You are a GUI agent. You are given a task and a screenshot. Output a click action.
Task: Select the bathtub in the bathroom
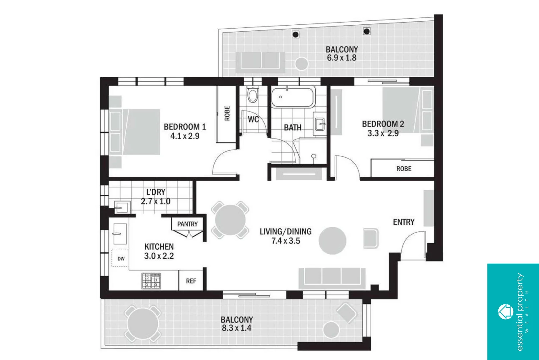(293, 97)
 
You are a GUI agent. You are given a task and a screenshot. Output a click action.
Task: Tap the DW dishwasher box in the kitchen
(120, 258)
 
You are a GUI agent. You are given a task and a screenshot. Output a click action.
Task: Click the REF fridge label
(191, 281)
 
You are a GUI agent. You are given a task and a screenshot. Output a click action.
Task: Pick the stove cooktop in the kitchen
(151, 281)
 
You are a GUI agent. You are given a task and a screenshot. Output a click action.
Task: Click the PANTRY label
(187, 224)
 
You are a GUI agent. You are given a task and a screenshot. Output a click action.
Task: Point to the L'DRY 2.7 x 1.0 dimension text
(155, 201)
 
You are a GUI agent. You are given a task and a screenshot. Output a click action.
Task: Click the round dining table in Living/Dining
(230, 220)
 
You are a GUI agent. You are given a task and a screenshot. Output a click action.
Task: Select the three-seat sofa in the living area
(332, 278)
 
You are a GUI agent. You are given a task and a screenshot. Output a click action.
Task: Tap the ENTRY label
(403, 222)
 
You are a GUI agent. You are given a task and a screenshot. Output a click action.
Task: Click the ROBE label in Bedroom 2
(404, 169)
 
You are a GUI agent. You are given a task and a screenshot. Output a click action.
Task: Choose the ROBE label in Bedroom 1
(227, 114)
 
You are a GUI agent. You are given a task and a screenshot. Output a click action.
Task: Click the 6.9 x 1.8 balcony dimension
(341, 58)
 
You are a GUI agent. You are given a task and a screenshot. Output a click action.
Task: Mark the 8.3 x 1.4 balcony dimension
(236, 328)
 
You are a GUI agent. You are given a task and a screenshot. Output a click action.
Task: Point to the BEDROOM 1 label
(185, 127)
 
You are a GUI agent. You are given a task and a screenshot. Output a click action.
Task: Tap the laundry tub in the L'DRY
(120, 207)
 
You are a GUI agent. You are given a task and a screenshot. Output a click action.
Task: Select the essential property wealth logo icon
(505, 312)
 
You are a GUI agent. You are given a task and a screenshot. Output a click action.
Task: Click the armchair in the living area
(371, 238)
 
